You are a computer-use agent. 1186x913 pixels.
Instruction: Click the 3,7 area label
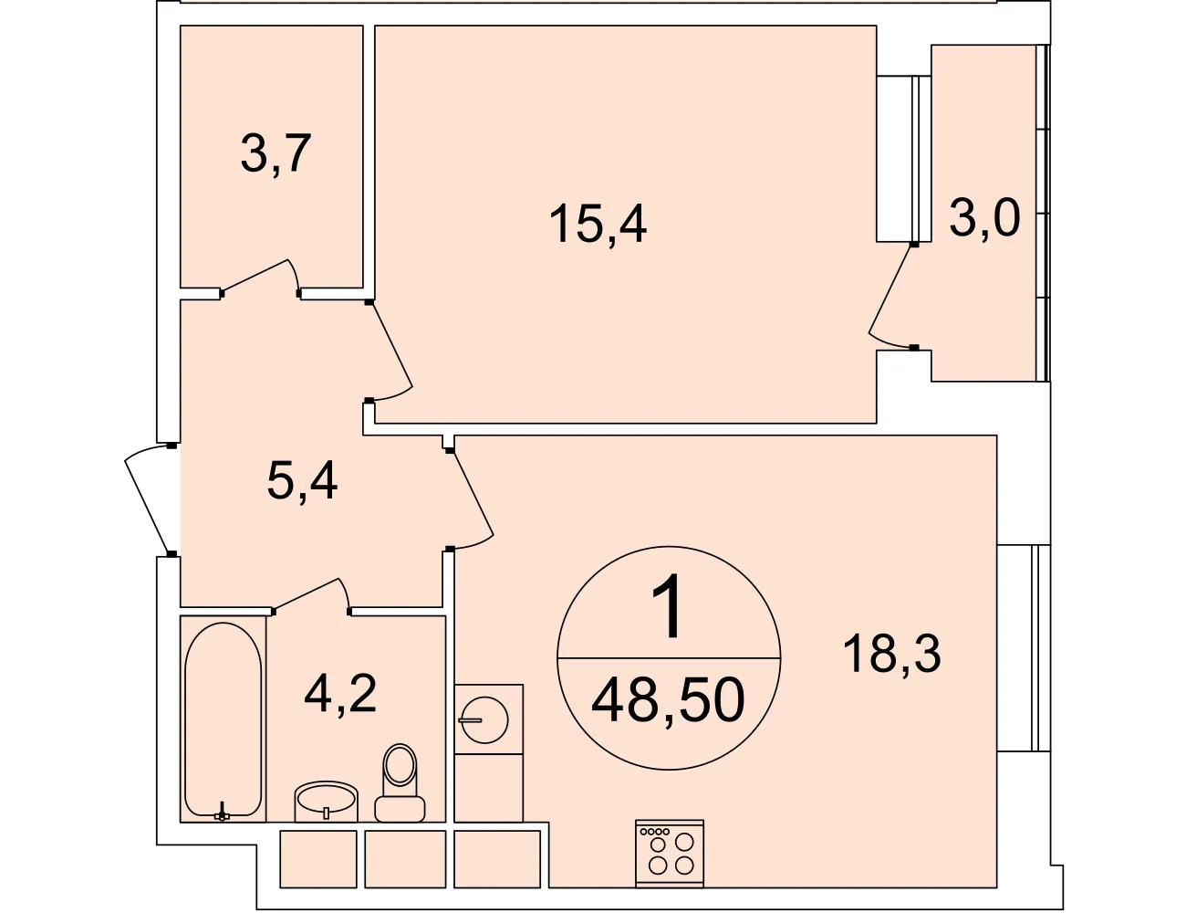[276, 154]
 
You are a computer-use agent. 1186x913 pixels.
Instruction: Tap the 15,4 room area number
[598, 223]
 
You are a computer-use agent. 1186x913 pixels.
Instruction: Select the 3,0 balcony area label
[984, 217]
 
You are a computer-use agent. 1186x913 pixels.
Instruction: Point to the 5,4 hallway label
[302, 480]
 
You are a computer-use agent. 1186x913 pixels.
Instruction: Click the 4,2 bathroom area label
[340, 694]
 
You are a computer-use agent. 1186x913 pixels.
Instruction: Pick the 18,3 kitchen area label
[892, 654]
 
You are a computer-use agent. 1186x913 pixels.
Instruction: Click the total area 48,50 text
[668, 700]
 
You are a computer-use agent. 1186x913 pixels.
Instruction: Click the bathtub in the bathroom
[223, 719]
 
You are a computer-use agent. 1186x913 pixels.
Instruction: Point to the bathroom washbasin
[327, 802]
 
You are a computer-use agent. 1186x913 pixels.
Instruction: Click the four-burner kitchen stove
[670, 854]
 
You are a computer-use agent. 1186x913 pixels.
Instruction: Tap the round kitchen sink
[484, 719]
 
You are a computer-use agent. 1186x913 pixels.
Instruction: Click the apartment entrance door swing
[146, 498]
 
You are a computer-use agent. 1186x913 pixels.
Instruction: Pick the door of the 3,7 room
[260, 278]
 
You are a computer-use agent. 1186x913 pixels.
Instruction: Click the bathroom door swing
[311, 596]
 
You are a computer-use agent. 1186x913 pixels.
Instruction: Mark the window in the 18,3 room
[1024, 647]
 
